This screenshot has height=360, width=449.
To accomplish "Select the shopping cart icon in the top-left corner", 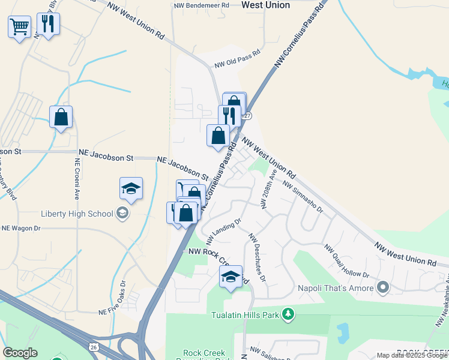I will pos(19,26).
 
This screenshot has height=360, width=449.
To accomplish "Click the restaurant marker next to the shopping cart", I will pos(47,24).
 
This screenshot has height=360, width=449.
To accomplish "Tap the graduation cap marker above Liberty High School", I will pos(131,188).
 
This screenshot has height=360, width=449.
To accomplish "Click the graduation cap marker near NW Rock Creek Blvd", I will pos(231,277).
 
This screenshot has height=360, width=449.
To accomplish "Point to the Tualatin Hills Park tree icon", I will pos(289,314).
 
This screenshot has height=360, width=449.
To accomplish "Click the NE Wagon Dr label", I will pos(21,228).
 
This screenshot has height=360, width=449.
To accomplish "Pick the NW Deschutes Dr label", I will pos(257,257).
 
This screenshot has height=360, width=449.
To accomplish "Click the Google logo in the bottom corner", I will pos(20,353).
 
